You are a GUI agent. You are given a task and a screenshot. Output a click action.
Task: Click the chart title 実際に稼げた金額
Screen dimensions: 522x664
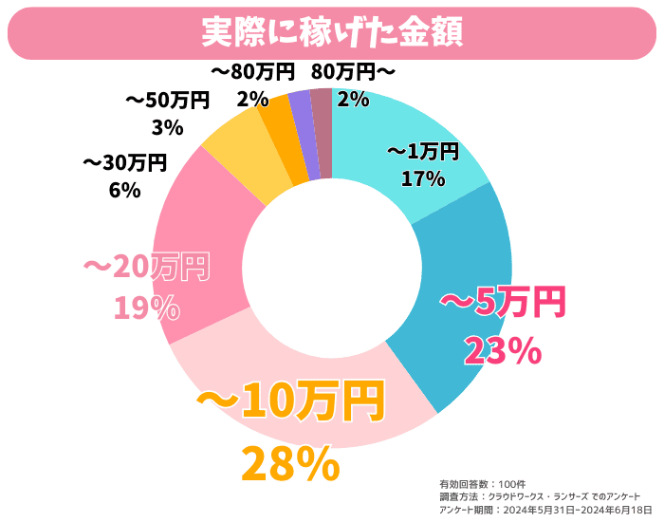click(331, 31)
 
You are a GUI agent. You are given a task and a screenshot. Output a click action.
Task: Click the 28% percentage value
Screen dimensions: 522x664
click(289, 464)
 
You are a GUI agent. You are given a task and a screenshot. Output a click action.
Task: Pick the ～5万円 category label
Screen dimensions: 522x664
click(503, 303)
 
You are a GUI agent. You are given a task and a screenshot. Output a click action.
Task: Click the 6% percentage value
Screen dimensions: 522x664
click(124, 190)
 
